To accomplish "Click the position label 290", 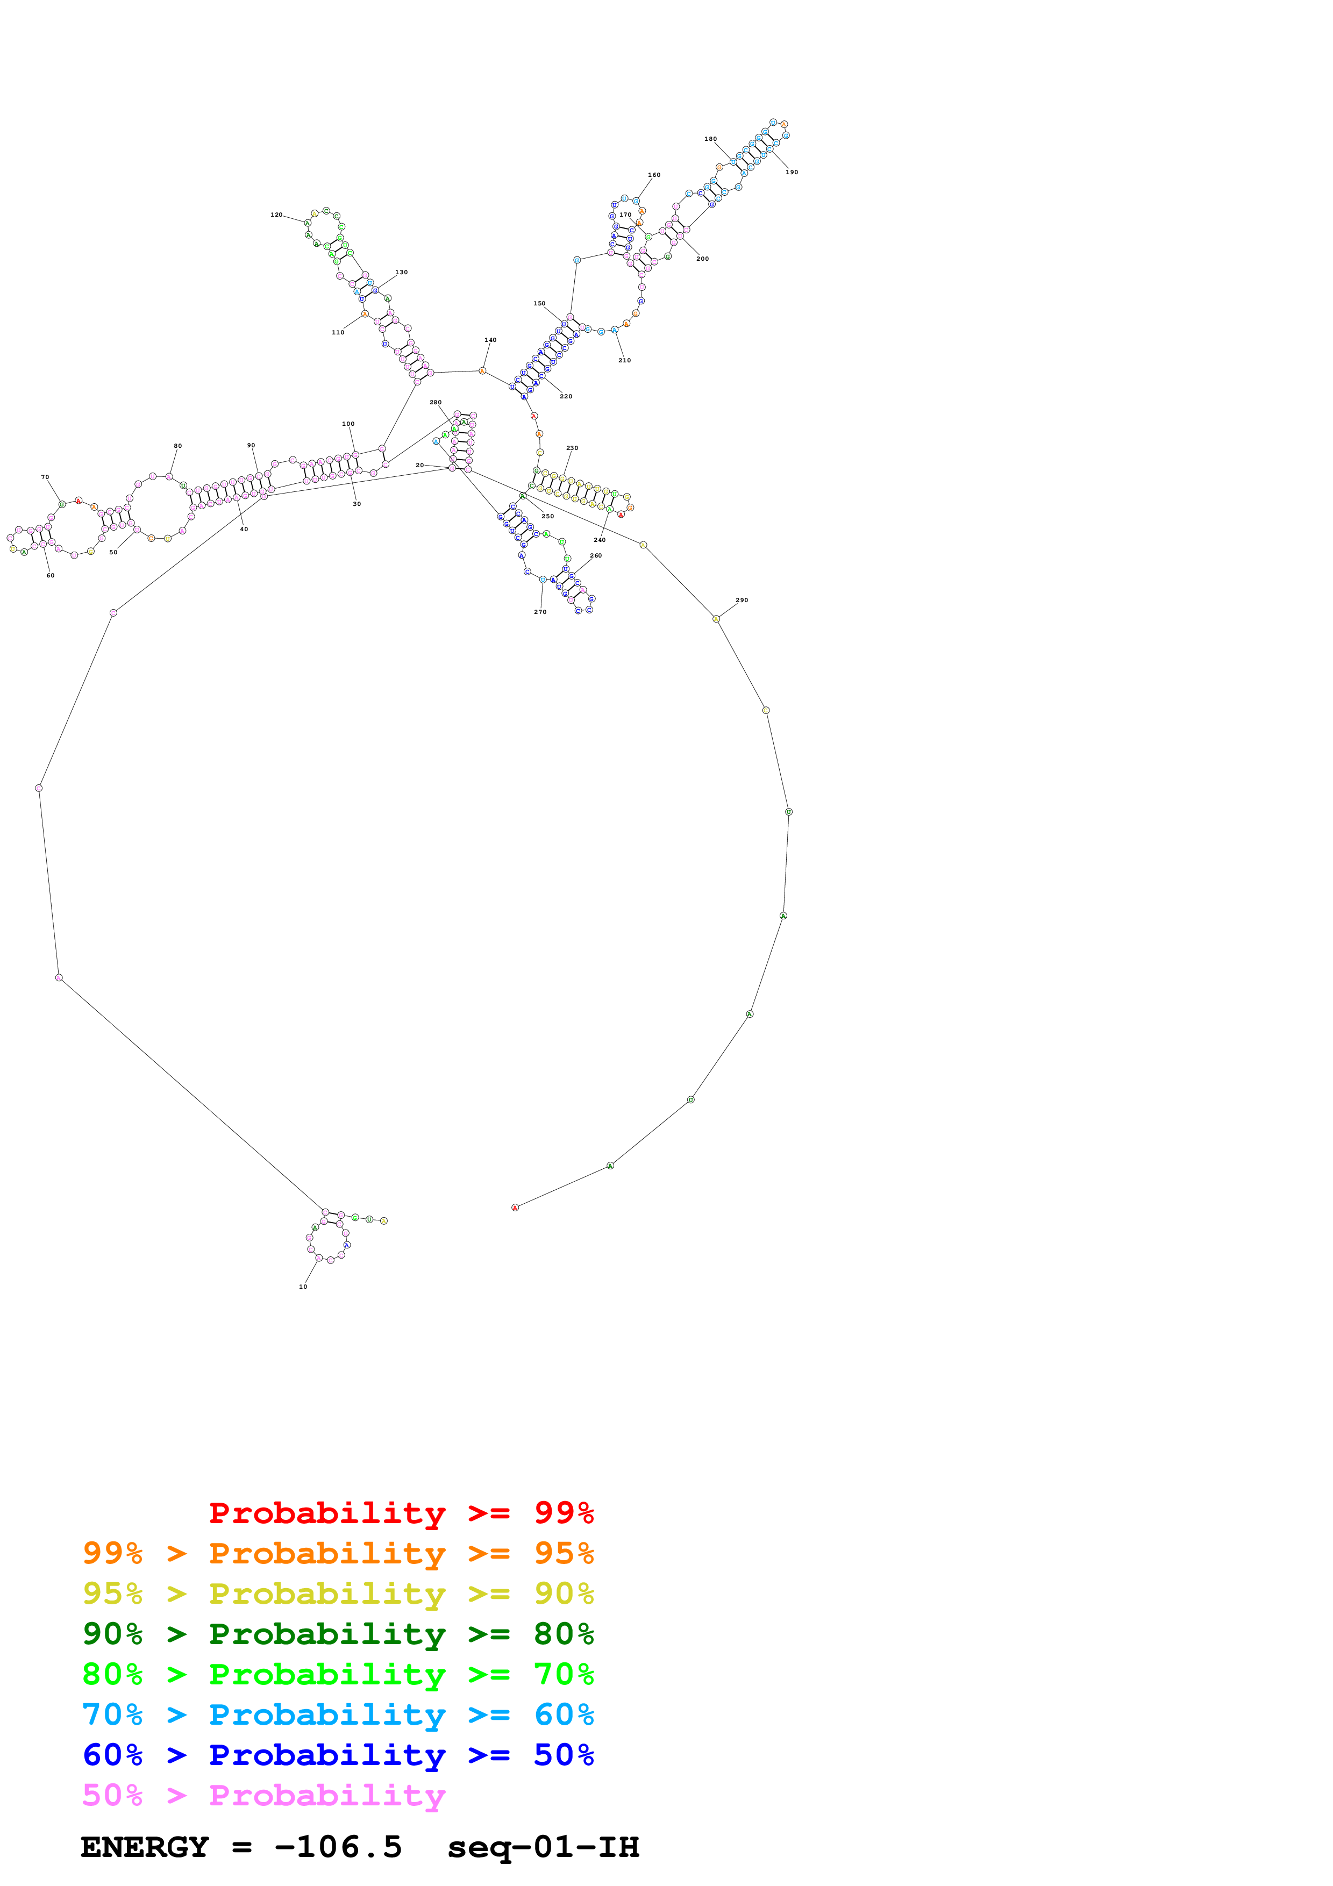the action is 742,601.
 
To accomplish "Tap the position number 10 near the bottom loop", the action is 303,1287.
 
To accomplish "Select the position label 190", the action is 792,173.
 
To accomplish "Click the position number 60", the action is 50,576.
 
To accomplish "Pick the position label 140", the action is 490,340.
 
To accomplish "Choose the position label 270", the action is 540,612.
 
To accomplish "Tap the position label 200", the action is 702,259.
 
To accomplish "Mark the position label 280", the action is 436,403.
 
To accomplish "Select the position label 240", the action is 600,540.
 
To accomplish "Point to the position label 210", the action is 624,361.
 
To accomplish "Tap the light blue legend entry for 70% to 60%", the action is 338,1715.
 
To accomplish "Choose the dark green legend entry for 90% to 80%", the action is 338,1634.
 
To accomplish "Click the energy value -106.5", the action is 338,1847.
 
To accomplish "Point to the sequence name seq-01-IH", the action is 543,1847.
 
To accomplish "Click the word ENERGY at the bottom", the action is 145,1847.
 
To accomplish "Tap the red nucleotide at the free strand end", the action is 515,1208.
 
